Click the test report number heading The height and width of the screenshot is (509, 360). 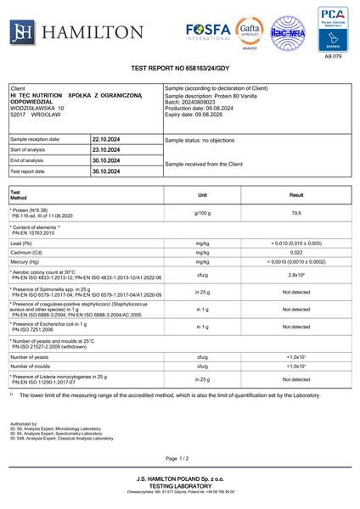point(180,67)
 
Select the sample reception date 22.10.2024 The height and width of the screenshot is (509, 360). point(106,139)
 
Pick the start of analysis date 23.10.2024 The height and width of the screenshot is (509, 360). point(106,150)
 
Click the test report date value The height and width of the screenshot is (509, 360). point(106,171)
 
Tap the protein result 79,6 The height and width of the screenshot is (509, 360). point(296,213)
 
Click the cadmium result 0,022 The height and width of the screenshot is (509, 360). point(296,252)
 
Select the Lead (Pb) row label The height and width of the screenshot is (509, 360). point(23,242)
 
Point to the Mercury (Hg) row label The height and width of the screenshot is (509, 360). point(27,261)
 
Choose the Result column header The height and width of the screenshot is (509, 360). point(296,195)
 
